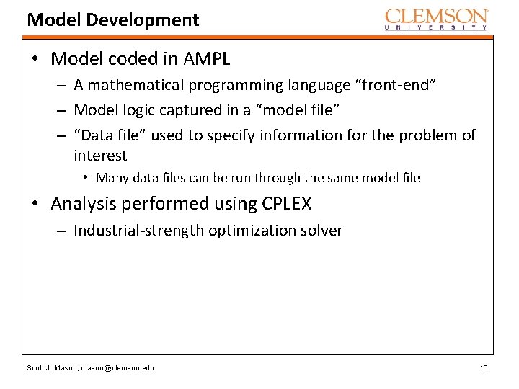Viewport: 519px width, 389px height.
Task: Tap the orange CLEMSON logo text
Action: pyautogui.click(x=436, y=16)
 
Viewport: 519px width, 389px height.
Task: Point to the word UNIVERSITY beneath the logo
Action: pyautogui.click(x=436, y=27)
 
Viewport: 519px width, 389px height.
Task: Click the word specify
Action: pyautogui.click(x=230, y=135)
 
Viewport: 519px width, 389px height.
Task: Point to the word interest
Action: pyautogui.click(x=100, y=156)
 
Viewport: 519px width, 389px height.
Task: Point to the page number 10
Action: pyautogui.click(x=483, y=368)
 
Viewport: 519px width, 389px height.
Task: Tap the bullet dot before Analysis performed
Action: pyautogui.click(x=37, y=204)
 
